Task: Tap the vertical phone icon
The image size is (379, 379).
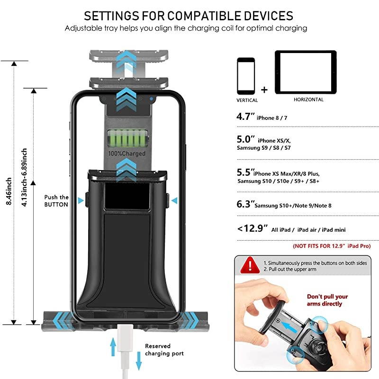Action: [x=246, y=76]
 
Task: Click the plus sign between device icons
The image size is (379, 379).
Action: [x=264, y=90]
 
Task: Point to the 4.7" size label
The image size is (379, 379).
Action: [x=246, y=117]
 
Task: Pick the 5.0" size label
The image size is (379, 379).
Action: [x=246, y=140]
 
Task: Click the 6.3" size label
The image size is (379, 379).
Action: [x=245, y=205]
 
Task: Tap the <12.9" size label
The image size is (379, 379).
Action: [x=253, y=229]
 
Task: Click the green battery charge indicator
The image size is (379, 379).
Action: [x=126, y=140]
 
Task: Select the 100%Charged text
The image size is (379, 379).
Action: [x=126, y=154]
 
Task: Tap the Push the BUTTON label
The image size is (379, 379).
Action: [x=56, y=201]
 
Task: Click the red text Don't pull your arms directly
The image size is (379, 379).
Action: [x=327, y=300]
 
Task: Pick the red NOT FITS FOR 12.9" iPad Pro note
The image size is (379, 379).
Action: [x=332, y=246]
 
